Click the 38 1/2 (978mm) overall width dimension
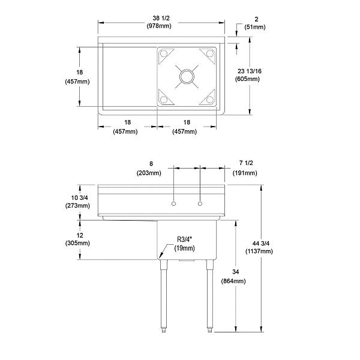[160, 22]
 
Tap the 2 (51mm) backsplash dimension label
[245, 22]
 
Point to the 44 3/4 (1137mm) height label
[262, 247]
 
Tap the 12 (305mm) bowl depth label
[78, 239]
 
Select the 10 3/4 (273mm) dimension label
[78, 202]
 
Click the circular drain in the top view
[187, 76]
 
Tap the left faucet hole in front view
[173, 205]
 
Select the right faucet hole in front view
[199, 205]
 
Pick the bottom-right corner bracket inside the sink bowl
[208, 98]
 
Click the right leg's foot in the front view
[209, 329]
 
